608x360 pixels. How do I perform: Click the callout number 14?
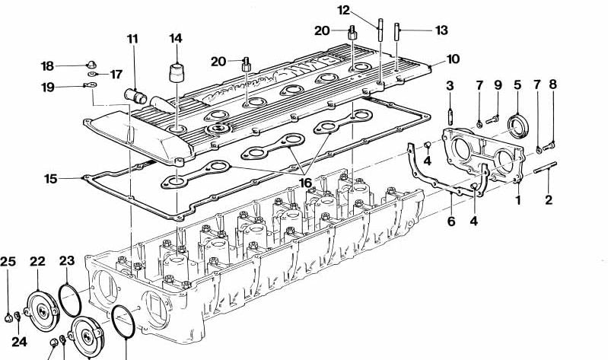point(176,37)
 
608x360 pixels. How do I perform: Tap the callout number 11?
point(133,39)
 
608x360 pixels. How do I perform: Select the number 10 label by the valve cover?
point(453,59)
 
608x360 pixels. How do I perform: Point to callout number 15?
point(50,179)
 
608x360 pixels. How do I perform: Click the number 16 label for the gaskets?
point(305,183)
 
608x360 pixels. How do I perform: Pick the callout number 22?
point(38,262)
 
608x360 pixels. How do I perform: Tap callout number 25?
point(8,262)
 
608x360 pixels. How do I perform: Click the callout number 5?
point(517,84)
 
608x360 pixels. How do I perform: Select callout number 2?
point(549,201)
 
